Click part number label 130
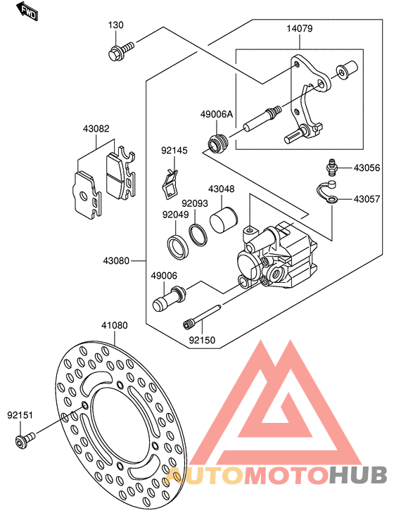(116, 25)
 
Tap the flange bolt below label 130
(121, 51)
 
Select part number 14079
(300, 29)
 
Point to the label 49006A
(217, 115)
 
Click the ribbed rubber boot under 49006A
(217, 144)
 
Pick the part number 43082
(96, 128)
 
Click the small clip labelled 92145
(170, 184)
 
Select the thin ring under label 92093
(198, 235)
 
